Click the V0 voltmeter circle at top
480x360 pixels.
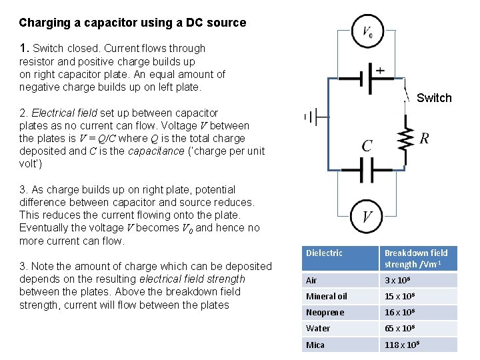368,32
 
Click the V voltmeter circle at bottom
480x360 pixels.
367,217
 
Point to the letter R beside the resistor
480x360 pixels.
424,139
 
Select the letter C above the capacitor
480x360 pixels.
367,146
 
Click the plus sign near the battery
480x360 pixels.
380,70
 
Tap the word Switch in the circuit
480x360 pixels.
434,98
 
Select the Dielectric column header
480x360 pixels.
324,253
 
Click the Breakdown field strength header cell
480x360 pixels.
417,259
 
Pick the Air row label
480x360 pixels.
312,280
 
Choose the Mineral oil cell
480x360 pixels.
327,296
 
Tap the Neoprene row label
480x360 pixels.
325,312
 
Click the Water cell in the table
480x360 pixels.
318,328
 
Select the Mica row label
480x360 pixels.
315,345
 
